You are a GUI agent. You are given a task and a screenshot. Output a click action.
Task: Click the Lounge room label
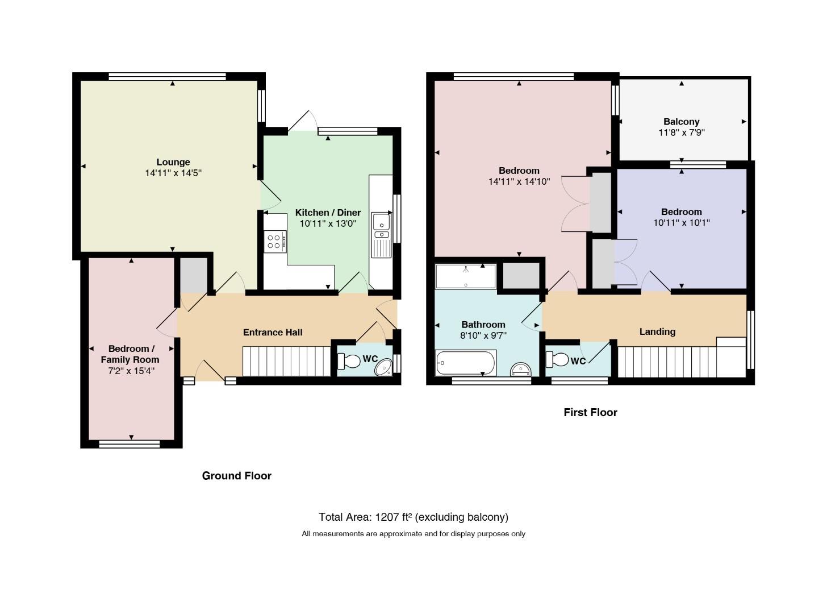(173, 162)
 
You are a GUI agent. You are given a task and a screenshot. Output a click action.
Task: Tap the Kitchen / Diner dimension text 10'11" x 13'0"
(328, 223)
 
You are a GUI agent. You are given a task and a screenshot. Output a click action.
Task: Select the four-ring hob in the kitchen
(275, 242)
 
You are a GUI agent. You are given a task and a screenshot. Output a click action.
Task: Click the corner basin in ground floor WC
(383, 368)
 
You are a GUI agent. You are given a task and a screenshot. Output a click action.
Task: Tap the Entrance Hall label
(273, 332)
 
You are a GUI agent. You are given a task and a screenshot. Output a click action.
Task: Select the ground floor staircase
(286, 361)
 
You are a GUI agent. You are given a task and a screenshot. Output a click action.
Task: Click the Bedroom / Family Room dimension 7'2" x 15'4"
(131, 371)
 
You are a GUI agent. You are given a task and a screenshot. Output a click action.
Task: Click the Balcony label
(681, 122)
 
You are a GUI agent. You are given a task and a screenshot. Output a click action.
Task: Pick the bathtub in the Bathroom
(465, 362)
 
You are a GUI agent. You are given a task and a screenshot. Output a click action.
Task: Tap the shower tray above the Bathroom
(466, 276)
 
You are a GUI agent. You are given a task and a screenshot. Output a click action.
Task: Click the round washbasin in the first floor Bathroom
(520, 369)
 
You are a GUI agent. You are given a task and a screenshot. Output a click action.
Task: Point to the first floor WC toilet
(557, 359)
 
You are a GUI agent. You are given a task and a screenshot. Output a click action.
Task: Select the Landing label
(657, 331)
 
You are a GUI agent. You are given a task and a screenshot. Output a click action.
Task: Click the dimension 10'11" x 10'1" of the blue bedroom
(681, 223)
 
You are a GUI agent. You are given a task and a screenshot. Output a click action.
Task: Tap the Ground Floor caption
(237, 475)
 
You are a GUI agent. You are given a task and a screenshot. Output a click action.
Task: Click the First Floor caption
(590, 412)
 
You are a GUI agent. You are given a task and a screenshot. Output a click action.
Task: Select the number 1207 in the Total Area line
(387, 517)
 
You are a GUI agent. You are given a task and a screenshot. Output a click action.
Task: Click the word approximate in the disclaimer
(401, 534)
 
